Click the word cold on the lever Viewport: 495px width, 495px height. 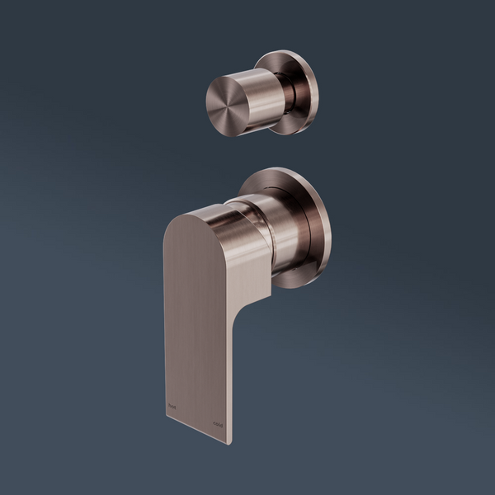tap(218, 424)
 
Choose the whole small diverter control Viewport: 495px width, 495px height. tap(260, 92)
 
